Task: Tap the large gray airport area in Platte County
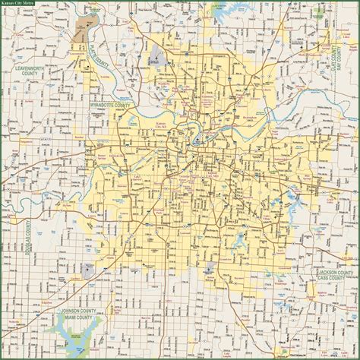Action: [157, 55]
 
